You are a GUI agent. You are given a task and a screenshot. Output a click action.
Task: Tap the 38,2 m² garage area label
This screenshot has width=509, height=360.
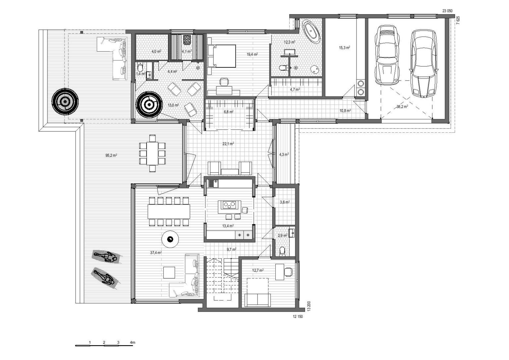point(402,106)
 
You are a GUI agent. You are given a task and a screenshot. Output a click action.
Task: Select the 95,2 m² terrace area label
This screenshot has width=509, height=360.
point(111,155)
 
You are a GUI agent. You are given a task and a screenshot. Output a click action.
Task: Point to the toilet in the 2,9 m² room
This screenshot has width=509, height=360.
point(282,251)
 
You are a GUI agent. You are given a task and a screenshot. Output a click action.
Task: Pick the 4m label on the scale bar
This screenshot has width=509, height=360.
point(133,342)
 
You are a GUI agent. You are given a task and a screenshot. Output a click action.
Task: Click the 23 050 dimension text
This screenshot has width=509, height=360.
point(447,11)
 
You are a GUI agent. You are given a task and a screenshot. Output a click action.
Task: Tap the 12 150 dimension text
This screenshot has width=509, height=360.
point(298,316)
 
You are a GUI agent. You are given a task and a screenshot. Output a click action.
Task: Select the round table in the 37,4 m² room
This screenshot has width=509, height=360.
point(170,239)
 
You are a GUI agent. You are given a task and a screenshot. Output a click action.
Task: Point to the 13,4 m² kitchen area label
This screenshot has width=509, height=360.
point(228,226)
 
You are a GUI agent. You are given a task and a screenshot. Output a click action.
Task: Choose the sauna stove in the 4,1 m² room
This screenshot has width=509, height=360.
point(187,39)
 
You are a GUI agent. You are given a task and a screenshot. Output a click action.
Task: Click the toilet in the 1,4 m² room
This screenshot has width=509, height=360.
point(140,67)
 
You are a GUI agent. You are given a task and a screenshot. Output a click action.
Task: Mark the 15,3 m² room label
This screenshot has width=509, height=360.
point(344,48)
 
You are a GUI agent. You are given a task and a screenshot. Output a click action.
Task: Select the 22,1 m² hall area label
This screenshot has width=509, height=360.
point(228,144)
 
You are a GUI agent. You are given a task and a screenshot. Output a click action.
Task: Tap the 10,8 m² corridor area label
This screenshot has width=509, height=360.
point(345,111)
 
